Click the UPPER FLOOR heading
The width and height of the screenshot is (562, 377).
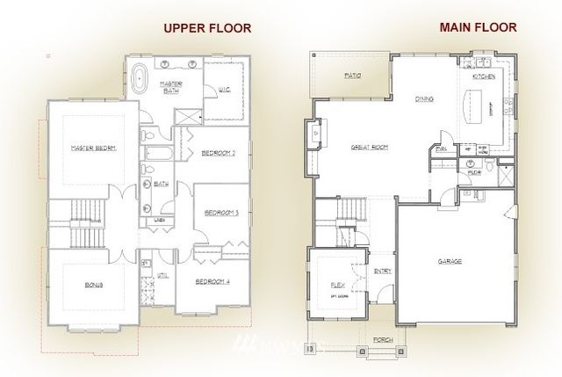coord(207,28)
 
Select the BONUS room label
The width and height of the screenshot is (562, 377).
coord(94,286)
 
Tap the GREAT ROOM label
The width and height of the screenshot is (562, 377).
coord(370,147)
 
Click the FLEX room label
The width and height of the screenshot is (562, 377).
coord(335,286)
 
